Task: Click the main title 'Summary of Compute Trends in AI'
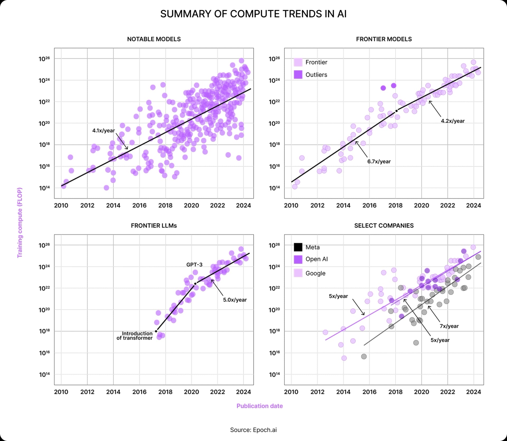[x=253, y=14]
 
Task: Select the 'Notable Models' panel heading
[x=154, y=39]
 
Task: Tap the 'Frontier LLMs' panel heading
[x=154, y=226]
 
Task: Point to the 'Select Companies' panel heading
[x=384, y=226]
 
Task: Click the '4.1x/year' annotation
[x=104, y=131]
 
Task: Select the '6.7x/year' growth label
[x=379, y=162]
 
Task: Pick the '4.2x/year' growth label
[x=453, y=121]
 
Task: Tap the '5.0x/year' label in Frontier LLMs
[x=235, y=300]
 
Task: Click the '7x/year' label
[x=449, y=326]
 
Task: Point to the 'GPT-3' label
[x=194, y=265]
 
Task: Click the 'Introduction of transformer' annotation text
[x=135, y=336]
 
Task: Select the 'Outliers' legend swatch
[x=298, y=75]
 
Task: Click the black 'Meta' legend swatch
[x=298, y=247]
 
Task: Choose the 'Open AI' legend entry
[x=316, y=259]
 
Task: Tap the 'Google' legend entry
[x=315, y=274]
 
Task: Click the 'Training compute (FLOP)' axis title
[x=20, y=223]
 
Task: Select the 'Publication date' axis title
[x=260, y=406]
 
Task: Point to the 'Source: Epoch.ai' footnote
[x=253, y=430]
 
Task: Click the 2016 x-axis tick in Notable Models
[x=139, y=206]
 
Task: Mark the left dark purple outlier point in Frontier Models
[x=383, y=88]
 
